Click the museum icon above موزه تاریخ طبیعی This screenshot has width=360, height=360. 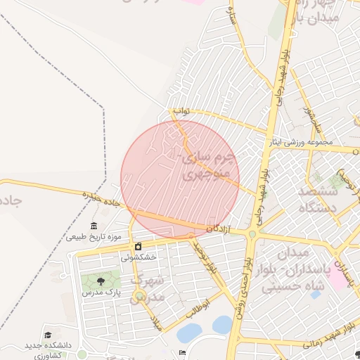(94, 225)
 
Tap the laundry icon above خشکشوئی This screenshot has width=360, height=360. (138, 247)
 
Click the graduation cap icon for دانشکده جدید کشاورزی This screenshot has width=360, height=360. (48, 335)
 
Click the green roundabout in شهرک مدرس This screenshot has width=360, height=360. (141, 295)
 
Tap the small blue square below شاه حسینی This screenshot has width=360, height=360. (316, 294)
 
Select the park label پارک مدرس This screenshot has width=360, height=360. (98, 291)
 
